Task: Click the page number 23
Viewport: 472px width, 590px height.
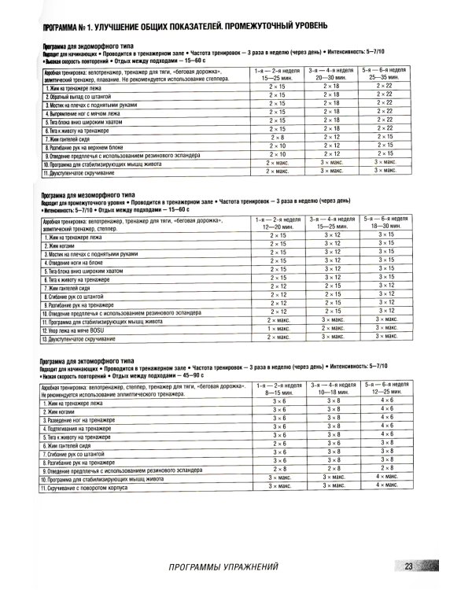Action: [410, 568]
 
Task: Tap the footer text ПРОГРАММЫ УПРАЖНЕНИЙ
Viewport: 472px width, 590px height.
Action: [224, 568]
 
